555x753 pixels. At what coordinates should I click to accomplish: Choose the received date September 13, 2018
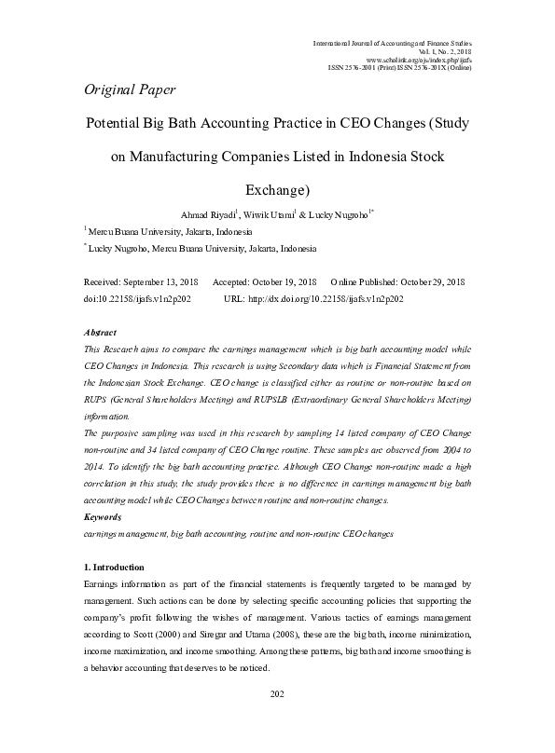tap(160, 281)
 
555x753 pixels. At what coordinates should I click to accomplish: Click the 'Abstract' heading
tap(100, 333)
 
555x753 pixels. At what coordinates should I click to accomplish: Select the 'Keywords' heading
tap(103, 515)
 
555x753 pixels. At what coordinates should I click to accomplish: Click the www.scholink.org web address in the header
tap(423, 59)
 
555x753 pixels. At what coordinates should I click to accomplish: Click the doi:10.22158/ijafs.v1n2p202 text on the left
tap(137, 299)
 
